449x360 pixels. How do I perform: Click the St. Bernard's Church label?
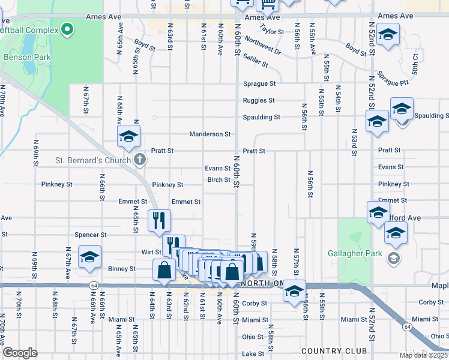pyautogui.click(x=93, y=160)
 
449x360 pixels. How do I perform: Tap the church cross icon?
pyautogui.click(x=139, y=160)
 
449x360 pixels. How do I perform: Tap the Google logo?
pyautogui.click(x=20, y=353)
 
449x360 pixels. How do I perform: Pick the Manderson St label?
pyautogui.click(x=210, y=134)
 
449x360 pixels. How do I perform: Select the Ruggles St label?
pyautogui.click(x=259, y=101)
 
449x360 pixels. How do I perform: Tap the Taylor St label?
pyautogui.click(x=272, y=31)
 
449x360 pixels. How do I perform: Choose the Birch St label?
pyautogui.click(x=219, y=180)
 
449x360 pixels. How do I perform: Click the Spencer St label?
pyautogui.click(x=91, y=235)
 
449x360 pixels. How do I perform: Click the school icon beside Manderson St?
pyautogui.click(x=128, y=137)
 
